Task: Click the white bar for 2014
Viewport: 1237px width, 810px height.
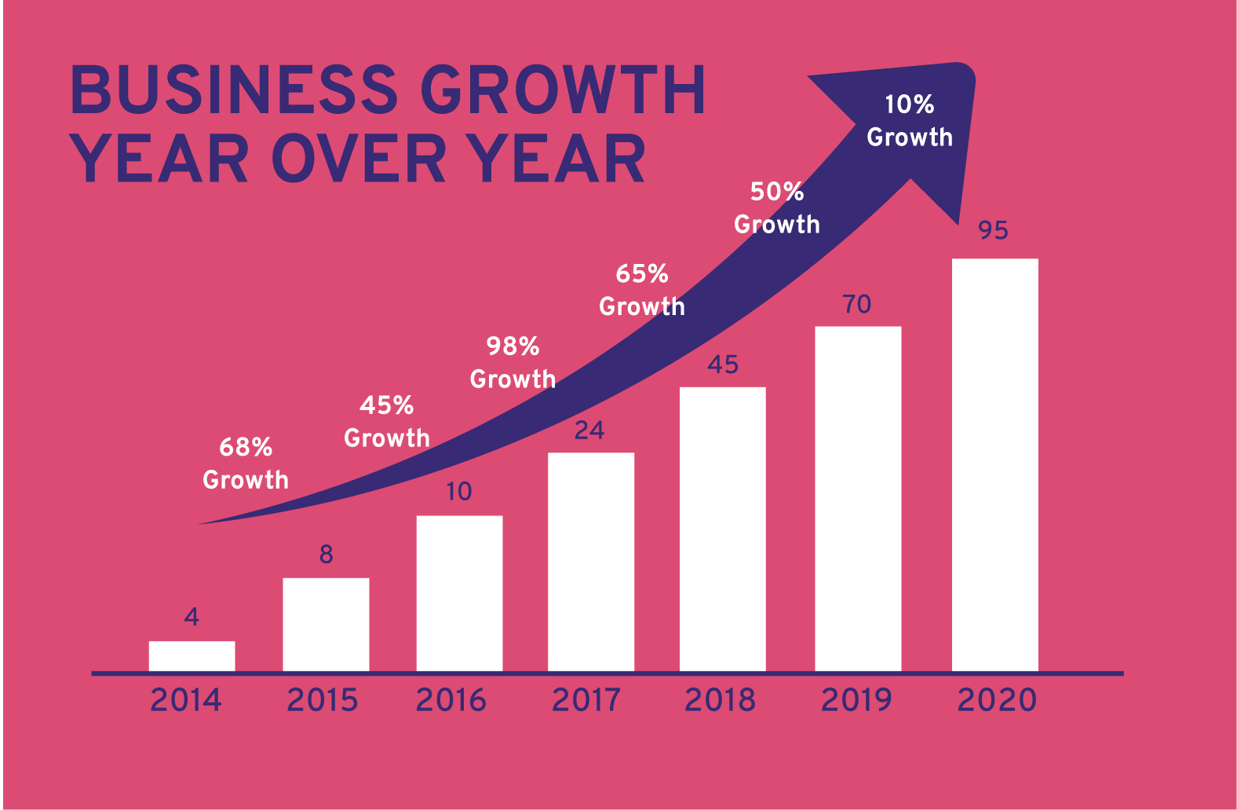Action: pos(192,656)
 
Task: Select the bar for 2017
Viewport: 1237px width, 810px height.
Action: pos(590,562)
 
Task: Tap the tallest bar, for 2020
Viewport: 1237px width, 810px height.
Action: pos(994,464)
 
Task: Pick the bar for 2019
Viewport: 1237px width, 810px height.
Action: pos(858,498)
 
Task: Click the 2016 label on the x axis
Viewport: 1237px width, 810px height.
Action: pos(451,700)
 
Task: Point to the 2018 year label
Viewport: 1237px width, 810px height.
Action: pos(720,700)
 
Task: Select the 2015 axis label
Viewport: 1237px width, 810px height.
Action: pos(323,700)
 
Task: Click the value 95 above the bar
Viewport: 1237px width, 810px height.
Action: pos(993,230)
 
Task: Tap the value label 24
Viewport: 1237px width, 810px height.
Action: pos(589,431)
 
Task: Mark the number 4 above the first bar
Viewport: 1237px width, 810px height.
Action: pos(192,618)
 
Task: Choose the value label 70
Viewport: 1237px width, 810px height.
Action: pos(857,304)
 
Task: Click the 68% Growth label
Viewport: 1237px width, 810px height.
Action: pos(246,464)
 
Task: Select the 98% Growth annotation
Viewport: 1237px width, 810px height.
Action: pos(513,363)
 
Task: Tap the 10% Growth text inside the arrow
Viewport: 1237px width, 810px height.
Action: pos(910,121)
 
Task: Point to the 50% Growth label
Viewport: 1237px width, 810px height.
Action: pos(777,208)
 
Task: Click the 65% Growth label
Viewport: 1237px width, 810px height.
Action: pos(642,290)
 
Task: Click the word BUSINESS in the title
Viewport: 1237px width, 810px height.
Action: pos(234,89)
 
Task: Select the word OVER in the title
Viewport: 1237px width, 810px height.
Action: pos(359,159)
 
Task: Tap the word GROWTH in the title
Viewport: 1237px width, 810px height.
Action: pos(563,89)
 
